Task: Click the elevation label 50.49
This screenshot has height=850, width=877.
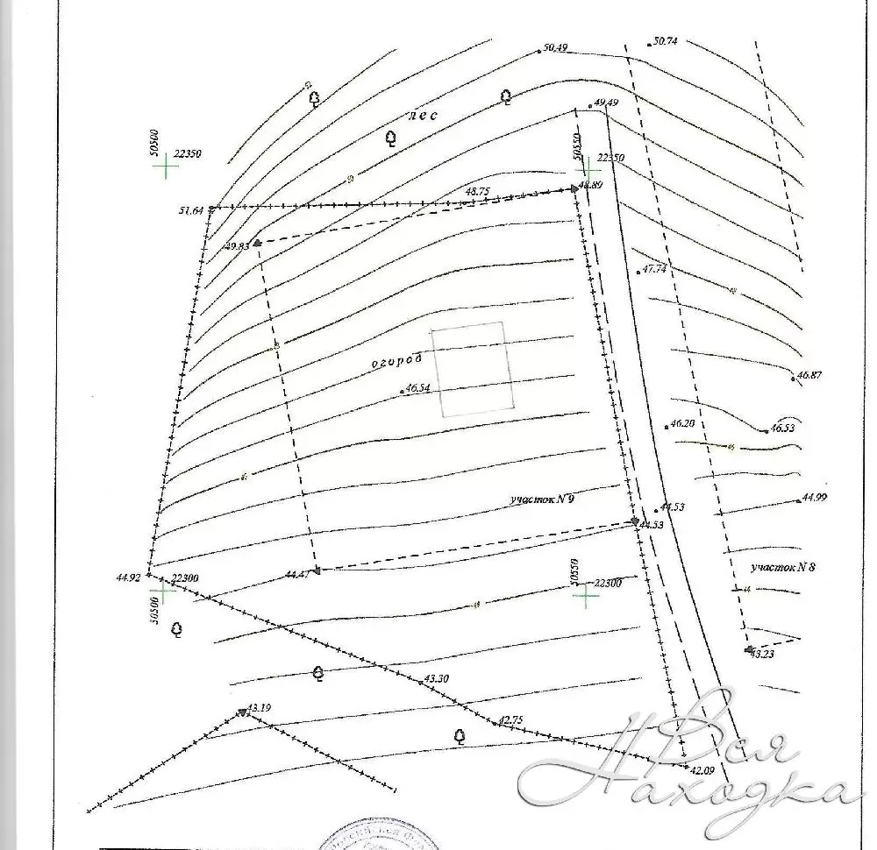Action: pyautogui.click(x=556, y=48)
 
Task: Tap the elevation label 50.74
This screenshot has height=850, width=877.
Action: pyautogui.click(x=666, y=41)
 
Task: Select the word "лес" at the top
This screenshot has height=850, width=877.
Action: pyautogui.click(x=423, y=115)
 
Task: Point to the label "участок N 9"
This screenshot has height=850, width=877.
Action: pyautogui.click(x=541, y=499)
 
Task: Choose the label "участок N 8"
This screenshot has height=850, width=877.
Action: pyautogui.click(x=782, y=567)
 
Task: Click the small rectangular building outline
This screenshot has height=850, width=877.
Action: pyautogui.click(x=474, y=368)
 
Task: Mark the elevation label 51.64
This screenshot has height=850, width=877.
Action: pyautogui.click(x=190, y=210)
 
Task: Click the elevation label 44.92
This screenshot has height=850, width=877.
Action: pyautogui.click(x=128, y=577)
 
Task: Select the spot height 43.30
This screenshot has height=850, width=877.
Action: pyautogui.click(x=436, y=678)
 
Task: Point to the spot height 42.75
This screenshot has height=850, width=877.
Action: pyautogui.click(x=510, y=720)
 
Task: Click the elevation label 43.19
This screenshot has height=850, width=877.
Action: pyautogui.click(x=260, y=706)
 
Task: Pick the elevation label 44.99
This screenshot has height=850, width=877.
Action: pyautogui.click(x=815, y=498)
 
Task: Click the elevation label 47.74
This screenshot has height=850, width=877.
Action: pyautogui.click(x=655, y=270)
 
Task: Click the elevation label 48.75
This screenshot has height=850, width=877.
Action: pyautogui.click(x=477, y=191)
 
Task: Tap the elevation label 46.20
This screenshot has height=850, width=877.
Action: pyautogui.click(x=682, y=423)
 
